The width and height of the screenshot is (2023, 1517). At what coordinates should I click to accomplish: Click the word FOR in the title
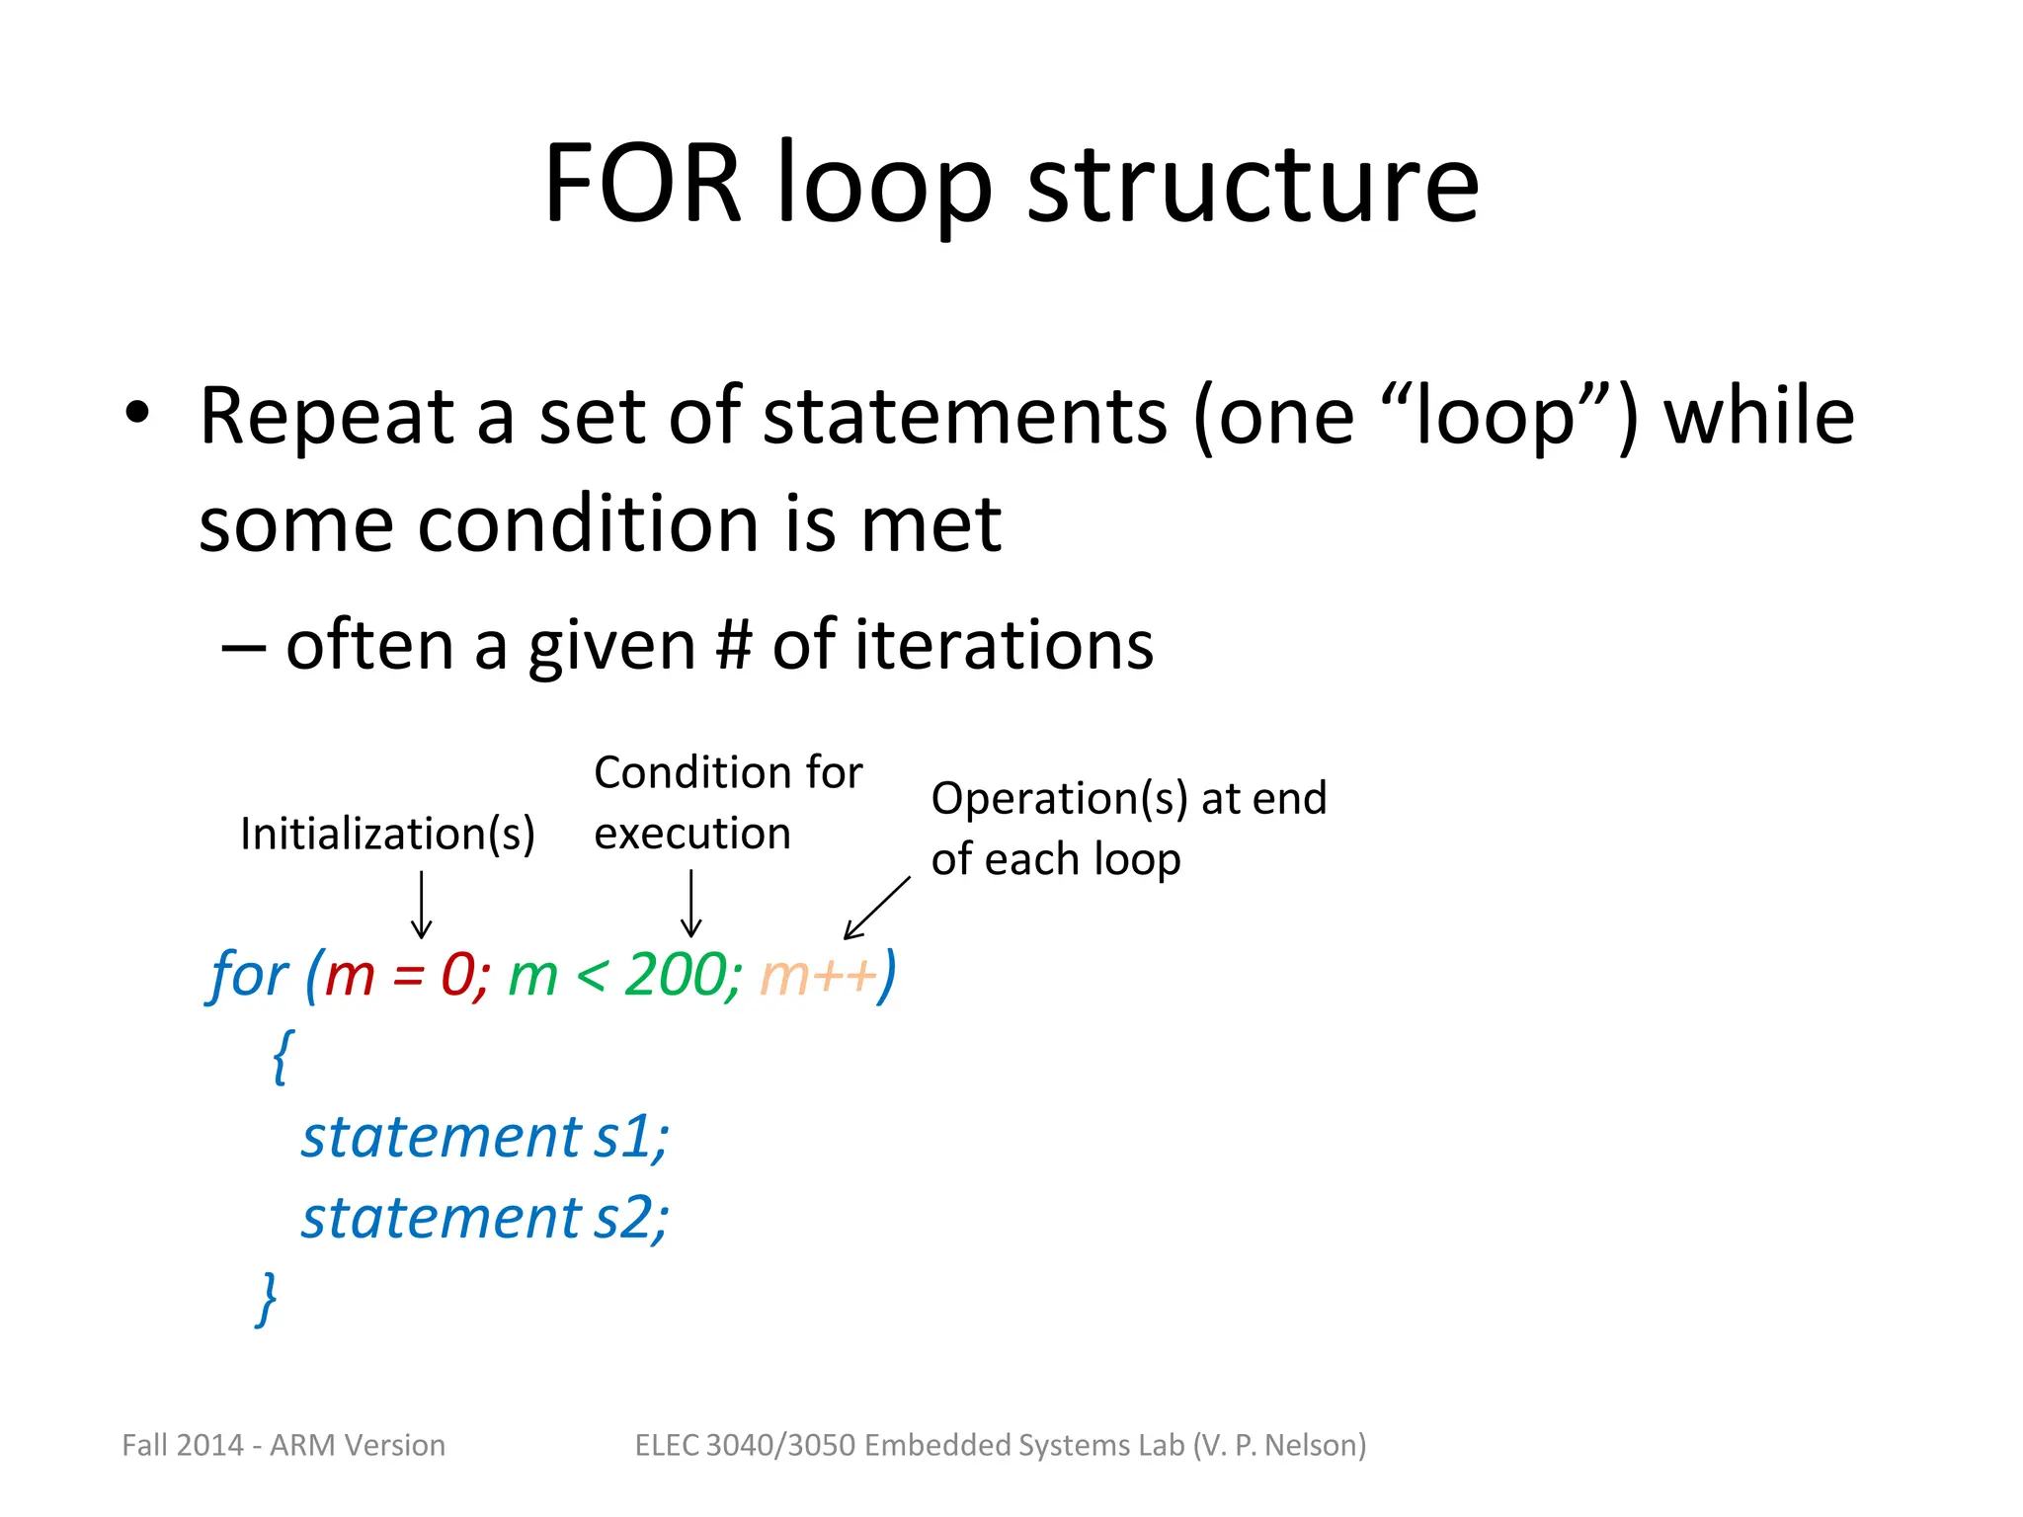[642, 184]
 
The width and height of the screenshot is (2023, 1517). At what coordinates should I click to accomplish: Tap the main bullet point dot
[137, 413]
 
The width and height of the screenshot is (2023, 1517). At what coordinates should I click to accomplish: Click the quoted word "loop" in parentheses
[1497, 417]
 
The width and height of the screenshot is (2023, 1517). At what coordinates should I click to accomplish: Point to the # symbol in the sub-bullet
[733, 646]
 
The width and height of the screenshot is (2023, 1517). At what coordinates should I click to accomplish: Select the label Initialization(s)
[387, 835]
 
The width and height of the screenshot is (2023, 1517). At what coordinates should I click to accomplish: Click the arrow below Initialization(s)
[422, 904]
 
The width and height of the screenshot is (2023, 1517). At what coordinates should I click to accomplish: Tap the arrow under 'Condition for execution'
[691, 904]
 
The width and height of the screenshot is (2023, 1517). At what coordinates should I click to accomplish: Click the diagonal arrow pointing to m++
[876, 908]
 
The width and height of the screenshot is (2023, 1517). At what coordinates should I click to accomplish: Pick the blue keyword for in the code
[248, 976]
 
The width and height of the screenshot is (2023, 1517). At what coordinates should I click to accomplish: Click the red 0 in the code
[458, 976]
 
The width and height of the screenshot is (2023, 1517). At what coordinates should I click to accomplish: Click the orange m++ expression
[818, 976]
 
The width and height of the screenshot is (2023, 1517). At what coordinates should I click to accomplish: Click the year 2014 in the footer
[211, 1446]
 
